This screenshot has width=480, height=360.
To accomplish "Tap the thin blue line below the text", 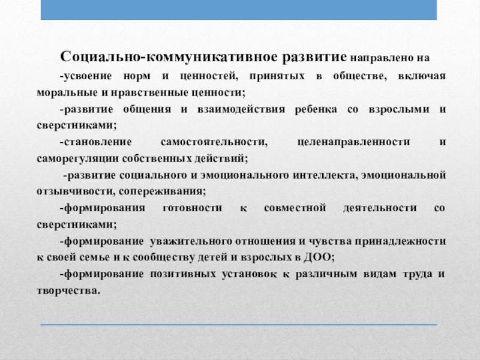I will pyautogui.click(x=240, y=325).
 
